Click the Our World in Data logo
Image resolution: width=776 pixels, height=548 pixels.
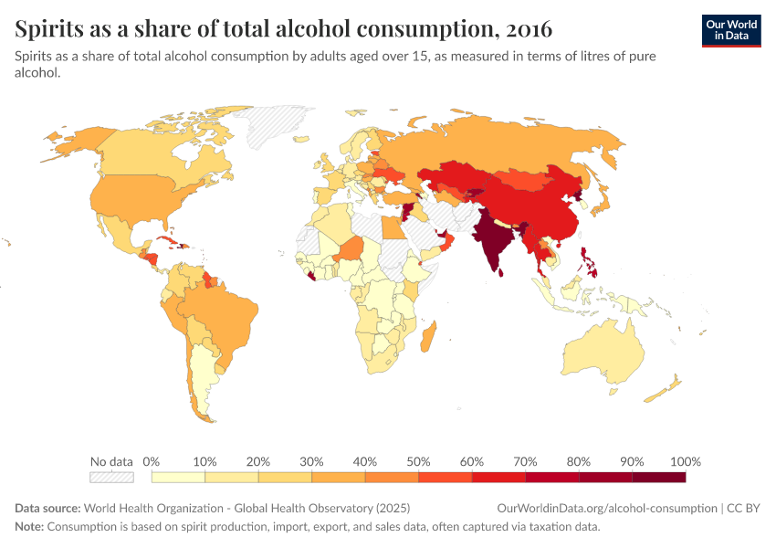click(730, 30)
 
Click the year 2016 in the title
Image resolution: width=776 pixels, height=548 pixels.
click(526, 29)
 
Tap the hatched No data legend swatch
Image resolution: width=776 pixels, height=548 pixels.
click(111, 477)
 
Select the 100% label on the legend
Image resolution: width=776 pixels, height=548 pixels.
click(684, 461)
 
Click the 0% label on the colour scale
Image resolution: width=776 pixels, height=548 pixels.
click(152, 461)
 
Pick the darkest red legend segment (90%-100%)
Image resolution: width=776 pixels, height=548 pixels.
click(658, 477)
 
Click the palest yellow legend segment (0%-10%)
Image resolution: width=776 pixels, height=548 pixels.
click(178, 477)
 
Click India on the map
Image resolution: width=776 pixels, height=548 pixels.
click(493, 239)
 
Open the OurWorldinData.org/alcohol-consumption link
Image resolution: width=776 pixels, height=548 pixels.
click(607, 508)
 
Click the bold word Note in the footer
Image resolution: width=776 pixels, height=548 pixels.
click(29, 527)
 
